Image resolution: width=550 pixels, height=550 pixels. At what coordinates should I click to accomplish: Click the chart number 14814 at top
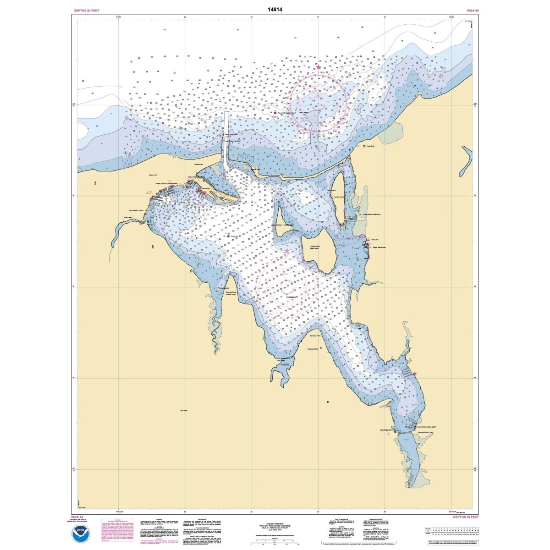point(275,9)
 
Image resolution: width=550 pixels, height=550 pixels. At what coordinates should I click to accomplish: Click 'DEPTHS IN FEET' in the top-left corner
point(86,10)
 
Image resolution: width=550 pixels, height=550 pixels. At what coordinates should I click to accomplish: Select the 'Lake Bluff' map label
point(371,147)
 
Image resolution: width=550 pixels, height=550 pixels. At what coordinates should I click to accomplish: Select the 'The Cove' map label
point(374,240)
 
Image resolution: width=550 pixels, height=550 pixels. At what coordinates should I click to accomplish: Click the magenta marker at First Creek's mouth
point(141,223)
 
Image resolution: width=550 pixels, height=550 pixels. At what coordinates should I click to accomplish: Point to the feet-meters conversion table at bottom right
point(451,531)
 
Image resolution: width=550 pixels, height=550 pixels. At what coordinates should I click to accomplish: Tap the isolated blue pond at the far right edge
point(466,162)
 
